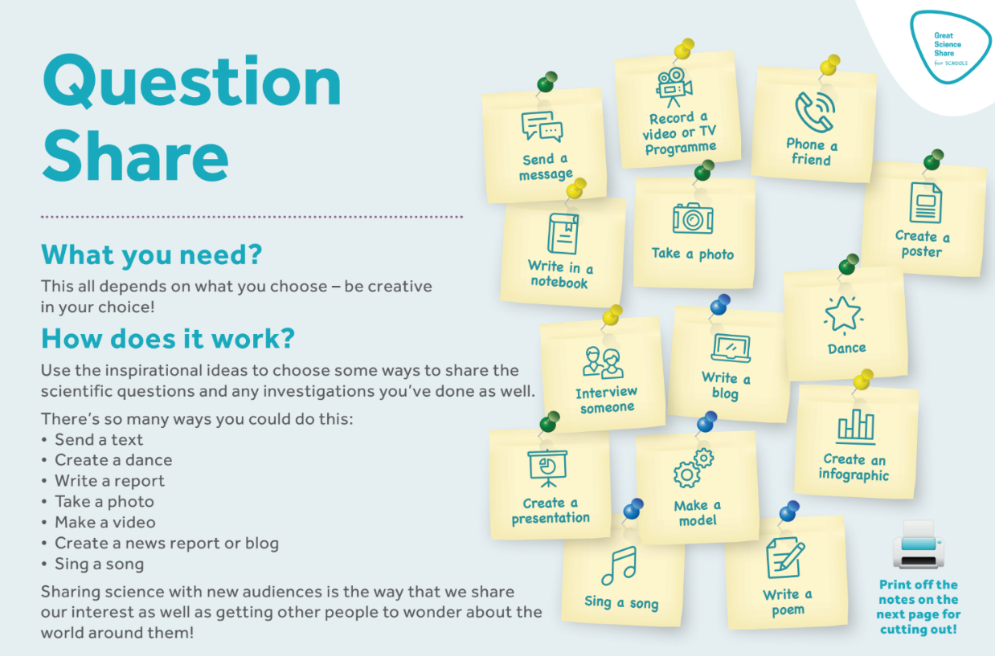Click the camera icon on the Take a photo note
pyautogui.click(x=693, y=218)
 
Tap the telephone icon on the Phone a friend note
pyautogui.click(x=815, y=112)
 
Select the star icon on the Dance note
pyautogui.click(x=843, y=314)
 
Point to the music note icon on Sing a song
pyautogui.click(x=619, y=565)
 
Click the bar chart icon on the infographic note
pyautogui.click(x=855, y=427)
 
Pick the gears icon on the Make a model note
pyautogui.click(x=694, y=469)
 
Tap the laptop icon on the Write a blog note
pyautogui.click(x=731, y=348)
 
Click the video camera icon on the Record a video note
pyautogui.click(x=674, y=87)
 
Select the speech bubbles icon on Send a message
pyautogui.click(x=542, y=127)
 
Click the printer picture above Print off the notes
pyautogui.click(x=918, y=544)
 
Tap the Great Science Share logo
pyautogui.click(x=950, y=47)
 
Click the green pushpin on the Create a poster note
pyautogui.click(x=933, y=160)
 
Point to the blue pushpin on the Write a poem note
pyautogui.click(x=789, y=511)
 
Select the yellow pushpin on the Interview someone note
pyautogui.click(x=612, y=316)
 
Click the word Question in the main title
pyautogui.click(x=192, y=82)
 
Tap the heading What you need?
pyautogui.click(x=151, y=255)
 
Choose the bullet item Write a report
pyautogui.click(x=109, y=481)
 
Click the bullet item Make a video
pyautogui.click(x=104, y=523)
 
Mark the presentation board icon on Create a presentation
pyautogui.click(x=547, y=469)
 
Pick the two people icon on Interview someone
pyautogui.click(x=603, y=363)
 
